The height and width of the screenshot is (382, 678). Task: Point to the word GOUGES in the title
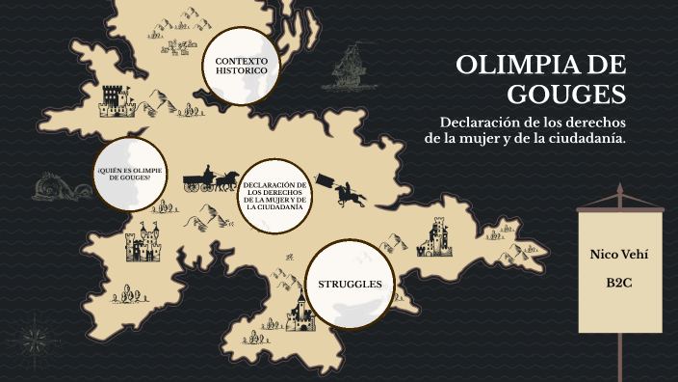coord(567,95)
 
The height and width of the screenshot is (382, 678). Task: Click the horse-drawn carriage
coord(212,177)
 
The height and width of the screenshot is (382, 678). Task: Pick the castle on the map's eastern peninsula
coord(436,235)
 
